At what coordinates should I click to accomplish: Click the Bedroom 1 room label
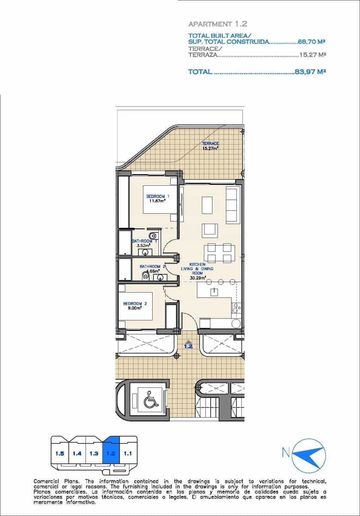click(x=158, y=196)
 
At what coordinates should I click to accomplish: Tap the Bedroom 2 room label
click(x=135, y=304)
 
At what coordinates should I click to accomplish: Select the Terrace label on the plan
click(x=210, y=144)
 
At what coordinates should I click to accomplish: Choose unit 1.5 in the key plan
click(x=60, y=453)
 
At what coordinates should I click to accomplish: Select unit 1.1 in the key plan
click(x=127, y=453)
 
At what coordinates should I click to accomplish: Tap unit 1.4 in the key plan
click(x=77, y=453)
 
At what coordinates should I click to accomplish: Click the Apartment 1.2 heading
click(x=218, y=25)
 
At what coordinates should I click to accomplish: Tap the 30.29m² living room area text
click(x=198, y=278)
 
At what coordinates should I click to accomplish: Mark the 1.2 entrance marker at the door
click(x=188, y=345)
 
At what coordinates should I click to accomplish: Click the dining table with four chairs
click(x=219, y=253)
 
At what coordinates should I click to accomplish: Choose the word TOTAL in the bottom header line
click(x=200, y=72)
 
